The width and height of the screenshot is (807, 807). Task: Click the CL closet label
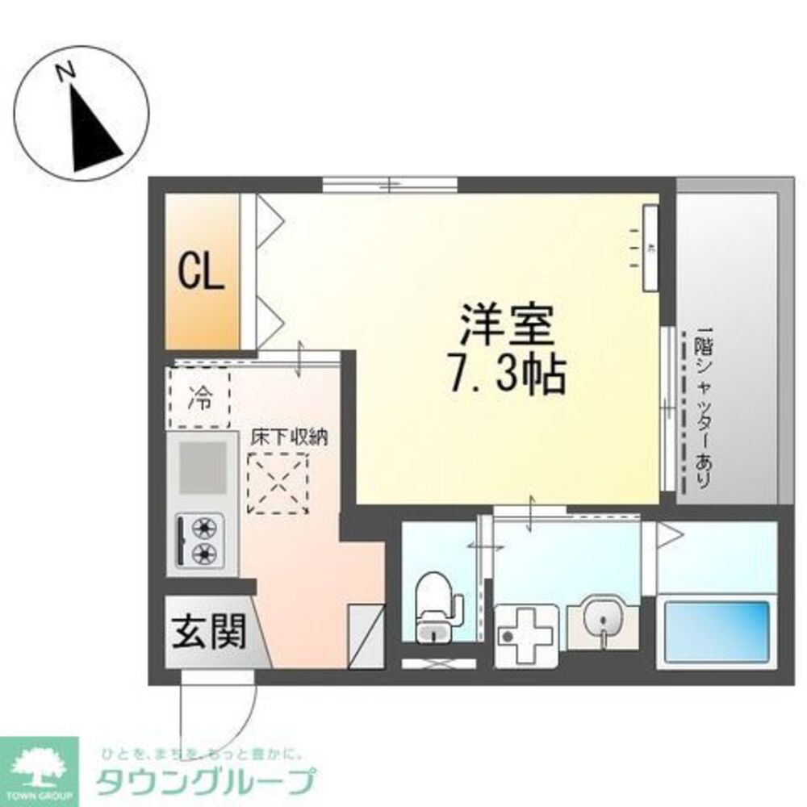(200, 272)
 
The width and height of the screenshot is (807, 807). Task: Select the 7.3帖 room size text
(506, 374)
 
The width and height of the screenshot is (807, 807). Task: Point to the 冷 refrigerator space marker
(199, 397)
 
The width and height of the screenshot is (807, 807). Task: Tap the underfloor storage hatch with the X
(278, 482)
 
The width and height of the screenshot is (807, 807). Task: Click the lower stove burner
(204, 554)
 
